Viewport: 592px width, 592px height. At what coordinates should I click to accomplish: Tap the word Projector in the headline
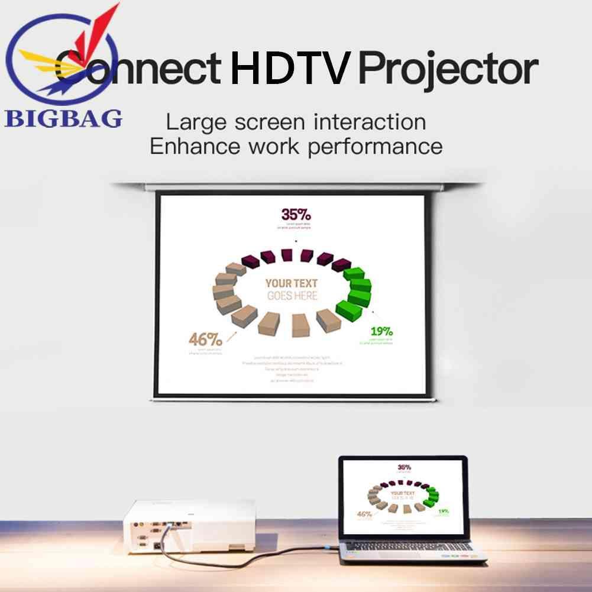click(448, 70)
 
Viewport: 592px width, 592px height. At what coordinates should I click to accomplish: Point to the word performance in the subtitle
click(375, 146)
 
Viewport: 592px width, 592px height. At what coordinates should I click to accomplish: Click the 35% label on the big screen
click(296, 214)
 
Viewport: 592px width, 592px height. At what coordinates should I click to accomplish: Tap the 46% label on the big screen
click(205, 339)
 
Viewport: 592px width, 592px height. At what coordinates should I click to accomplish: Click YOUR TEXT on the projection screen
click(292, 283)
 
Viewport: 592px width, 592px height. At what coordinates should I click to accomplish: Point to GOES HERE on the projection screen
click(292, 296)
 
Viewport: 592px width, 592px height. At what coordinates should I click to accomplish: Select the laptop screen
click(403, 496)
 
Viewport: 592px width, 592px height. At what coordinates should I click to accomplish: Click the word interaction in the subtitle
click(370, 122)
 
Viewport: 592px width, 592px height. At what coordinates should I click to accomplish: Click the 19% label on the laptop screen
click(444, 510)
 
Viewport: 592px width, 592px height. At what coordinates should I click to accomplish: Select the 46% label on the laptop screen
click(364, 514)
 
